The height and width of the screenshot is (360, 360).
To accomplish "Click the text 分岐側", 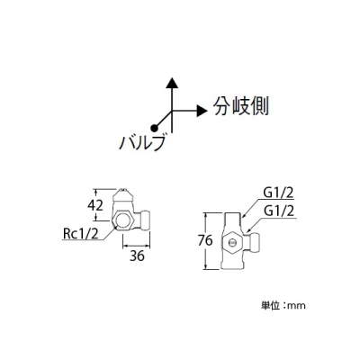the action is (x=240, y=106).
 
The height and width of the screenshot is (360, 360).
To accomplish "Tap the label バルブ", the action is (x=142, y=142).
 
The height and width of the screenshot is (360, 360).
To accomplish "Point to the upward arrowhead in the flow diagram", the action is (x=172, y=83).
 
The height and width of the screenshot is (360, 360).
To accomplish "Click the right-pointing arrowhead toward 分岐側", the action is (x=202, y=111).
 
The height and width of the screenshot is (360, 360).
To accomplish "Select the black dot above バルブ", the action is (x=154, y=128).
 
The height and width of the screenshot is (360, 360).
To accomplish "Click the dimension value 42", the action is (x=95, y=205).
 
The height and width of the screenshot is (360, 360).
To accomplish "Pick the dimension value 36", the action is (x=137, y=256).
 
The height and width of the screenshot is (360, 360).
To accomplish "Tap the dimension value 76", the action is (x=205, y=240).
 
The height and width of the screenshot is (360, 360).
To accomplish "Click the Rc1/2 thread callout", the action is (x=81, y=234).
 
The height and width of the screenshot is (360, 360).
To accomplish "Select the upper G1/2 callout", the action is (x=278, y=193).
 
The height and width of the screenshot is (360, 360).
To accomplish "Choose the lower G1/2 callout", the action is (x=278, y=211).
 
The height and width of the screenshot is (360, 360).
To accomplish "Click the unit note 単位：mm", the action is (x=283, y=306).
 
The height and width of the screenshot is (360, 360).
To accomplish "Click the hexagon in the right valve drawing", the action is (x=232, y=242).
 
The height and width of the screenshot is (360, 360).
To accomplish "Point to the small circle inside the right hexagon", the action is (x=232, y=242).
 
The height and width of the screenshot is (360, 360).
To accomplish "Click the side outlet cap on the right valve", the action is (x=254, y=240).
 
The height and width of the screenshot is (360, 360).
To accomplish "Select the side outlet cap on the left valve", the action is (x=145, y=220).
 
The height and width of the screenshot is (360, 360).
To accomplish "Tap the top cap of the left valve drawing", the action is (x=122, y=195).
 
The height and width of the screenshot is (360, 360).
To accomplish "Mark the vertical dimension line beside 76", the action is (x=206, y=240).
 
